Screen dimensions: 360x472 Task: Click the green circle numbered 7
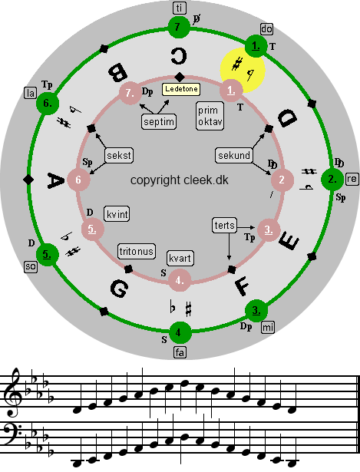179,28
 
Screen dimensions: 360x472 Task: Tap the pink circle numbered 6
78,180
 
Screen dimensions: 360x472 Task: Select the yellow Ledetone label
181,89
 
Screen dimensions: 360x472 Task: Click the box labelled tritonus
137,252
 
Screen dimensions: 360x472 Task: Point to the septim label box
159,122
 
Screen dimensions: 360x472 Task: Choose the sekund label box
234,155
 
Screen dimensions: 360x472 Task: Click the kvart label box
180,259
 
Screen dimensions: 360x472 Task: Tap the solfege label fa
180,352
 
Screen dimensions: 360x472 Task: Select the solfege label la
31,94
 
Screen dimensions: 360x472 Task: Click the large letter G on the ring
120,289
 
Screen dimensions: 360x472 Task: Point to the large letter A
56,180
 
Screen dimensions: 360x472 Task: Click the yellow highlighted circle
243,71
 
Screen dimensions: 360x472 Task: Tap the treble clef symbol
13,392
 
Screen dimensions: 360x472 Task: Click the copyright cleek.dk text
180,180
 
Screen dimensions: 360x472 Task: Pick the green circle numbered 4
180,332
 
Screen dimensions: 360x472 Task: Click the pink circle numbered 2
282,180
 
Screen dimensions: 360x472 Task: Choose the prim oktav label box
210,116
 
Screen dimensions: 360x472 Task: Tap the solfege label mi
268,327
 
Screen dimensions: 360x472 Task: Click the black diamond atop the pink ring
180,77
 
